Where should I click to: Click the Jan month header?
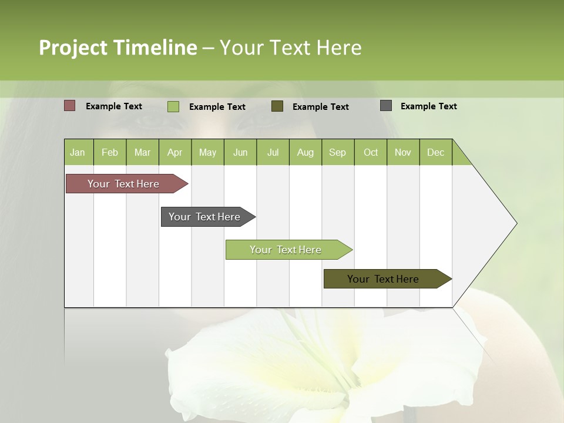coord(78,152)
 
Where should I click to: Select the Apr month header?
coord(174,152)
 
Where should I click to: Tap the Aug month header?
coord(305,152)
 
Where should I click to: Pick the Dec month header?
coord(435,152)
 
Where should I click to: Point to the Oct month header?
coord(370,152)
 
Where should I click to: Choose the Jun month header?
coord(240,152)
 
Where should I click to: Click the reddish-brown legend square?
coord(69,106)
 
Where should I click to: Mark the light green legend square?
coord(173,106)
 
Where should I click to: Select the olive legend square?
coord(277,106)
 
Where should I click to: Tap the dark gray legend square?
coord(385,106)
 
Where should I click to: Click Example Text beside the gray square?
coord(428,106)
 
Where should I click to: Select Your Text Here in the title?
coord(290,48)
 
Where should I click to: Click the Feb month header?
coord(110,152)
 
